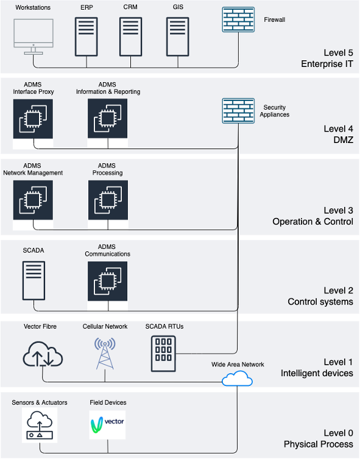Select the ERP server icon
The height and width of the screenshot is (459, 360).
pyautogui.click(x=86, y=37)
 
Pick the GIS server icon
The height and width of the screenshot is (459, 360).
pyautogui.click(x=177, y=37)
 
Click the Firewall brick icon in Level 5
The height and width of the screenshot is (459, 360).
pyautogui.click(x=238, y=19)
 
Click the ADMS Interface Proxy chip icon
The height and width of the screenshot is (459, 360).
pyautogui.click(x=33, y=119)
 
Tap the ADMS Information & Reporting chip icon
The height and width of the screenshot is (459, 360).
pyautogui.click(x=107, y=119)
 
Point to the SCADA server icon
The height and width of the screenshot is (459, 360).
pyautogui.click(x=34, y=281)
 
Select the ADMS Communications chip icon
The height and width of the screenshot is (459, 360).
pyautogui.click(x=107, y=281)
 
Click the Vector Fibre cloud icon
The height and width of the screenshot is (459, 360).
pyautogui.click(x=42, y=354)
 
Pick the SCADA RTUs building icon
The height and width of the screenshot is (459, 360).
pyautogui.click(x=164, y=353)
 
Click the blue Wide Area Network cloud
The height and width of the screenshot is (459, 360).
pyautogui.click(x=238, y=379)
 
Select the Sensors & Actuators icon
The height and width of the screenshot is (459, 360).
pyautogui.click(x=40, y=426)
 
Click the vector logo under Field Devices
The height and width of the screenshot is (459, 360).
pyautogui.click(x=107, y=424)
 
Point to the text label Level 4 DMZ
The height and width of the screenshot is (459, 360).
pyautogui.click(x=338, y=134)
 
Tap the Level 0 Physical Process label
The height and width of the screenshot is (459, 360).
pyautogui.click(x=318, y=438)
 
